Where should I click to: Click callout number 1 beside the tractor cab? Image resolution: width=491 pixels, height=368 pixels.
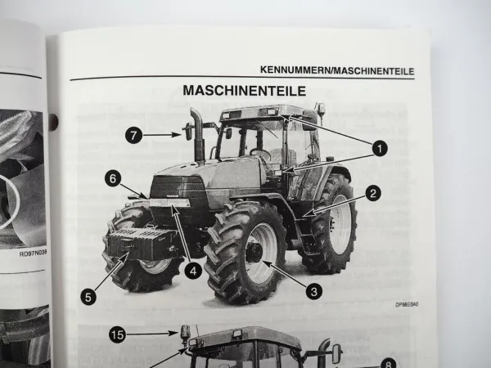click(x=377, y=148)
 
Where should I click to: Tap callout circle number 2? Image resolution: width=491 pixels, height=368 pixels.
click(x=373, y=194)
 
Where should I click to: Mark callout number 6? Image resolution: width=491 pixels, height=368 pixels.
click(x=113, y=176)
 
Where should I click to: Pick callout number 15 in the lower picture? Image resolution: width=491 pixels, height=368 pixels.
click(x=118, y=335)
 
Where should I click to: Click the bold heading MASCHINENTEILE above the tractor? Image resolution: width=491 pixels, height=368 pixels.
click(x=244, y=90)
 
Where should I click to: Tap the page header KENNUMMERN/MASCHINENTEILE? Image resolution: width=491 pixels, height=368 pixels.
click(x=336, y=71)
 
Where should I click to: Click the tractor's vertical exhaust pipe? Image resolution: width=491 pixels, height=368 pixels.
click(x=198, y=135)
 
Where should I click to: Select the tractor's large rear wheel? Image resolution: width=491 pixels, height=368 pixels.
click(x=331, y=225)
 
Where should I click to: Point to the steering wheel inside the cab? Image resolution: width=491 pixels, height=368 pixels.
click(x=260, y=153)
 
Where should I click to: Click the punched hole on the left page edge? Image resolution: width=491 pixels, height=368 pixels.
click(x=53, y=123)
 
